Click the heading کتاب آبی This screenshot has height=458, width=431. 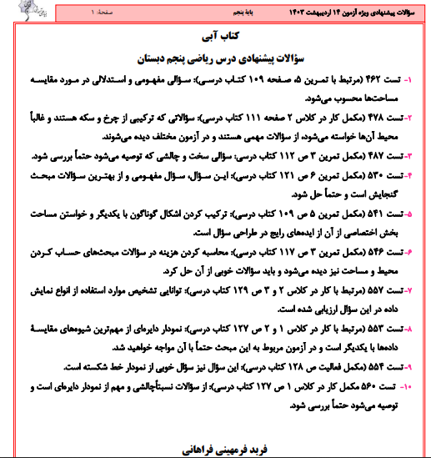click(x=216, y=38)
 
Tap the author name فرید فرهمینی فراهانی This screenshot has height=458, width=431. click(x=216, y=449)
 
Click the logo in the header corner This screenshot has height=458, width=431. click(x=17, y=11)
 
